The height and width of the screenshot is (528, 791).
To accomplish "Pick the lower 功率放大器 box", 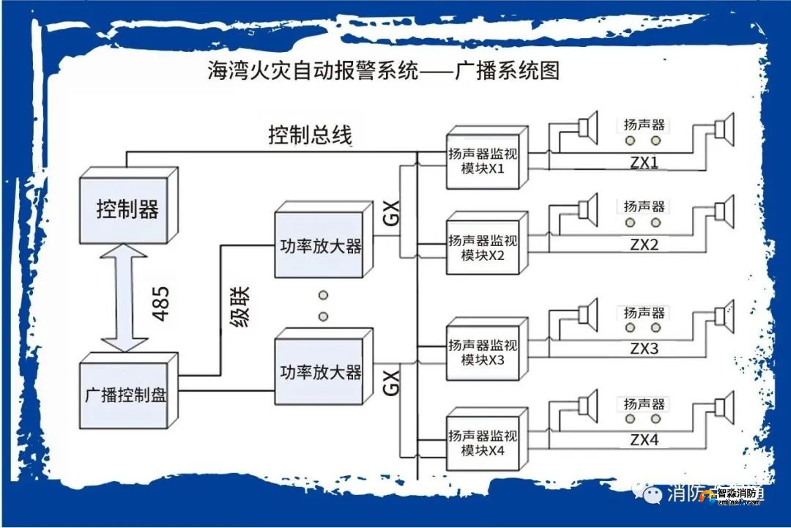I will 320,372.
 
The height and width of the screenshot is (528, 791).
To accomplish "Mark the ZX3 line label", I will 645,349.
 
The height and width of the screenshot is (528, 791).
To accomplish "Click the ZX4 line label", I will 645,440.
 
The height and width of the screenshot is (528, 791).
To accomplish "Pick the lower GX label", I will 392,382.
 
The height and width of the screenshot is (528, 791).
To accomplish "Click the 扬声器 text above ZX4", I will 645,404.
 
